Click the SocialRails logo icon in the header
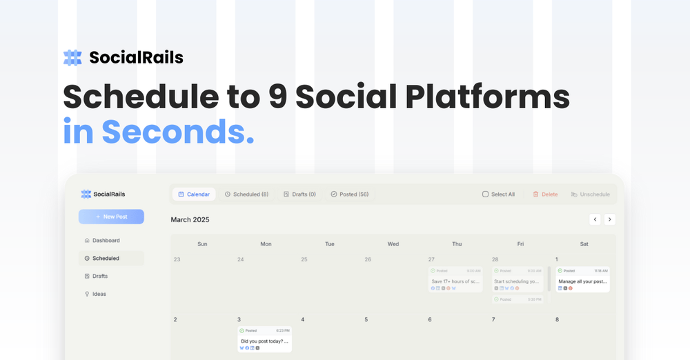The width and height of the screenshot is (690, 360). click(x=72, y=57)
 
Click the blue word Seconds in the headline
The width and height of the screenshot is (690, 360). click(x=178, y=131)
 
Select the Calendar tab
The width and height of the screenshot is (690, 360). click(x=194, y=194)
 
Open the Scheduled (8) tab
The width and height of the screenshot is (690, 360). click(x=246, y=194)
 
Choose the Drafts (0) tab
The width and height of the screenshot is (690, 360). click(x=299, y=194)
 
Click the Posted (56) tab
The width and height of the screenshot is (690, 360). click(x=349, y=194)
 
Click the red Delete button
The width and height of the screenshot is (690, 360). click(x=545, y=194)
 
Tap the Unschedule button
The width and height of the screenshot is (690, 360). click(x=590, y=194)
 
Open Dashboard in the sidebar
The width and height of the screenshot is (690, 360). click(x=106, y=241)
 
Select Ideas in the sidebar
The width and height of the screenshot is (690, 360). click(x=99, y=294)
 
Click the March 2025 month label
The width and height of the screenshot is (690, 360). click(x=190, y=219)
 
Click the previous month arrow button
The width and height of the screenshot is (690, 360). click(x=595, y=219)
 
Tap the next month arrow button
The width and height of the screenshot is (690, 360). click(x=609, y=219)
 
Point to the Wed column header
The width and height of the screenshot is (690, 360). click(x=393, y=244)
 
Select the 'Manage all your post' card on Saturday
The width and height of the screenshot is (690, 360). click(x=582, y=279)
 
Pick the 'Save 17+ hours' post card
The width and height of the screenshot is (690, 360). click(x=455, y=279)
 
